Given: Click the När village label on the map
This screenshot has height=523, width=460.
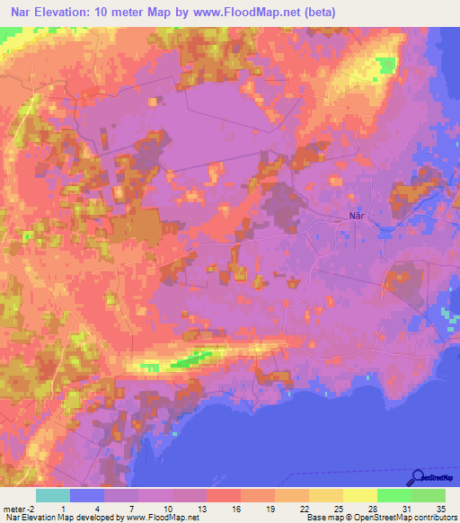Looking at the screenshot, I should (357, 215).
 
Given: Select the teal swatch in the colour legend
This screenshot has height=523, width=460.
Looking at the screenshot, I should (52, 495).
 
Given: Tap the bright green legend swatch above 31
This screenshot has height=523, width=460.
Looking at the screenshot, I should (394, 495).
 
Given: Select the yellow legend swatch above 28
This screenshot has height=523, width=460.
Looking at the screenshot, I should (359, 495).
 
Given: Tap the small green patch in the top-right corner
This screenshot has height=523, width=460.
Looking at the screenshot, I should (387, 64).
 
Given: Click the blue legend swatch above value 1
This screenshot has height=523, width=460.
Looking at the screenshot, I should (86, 495).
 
